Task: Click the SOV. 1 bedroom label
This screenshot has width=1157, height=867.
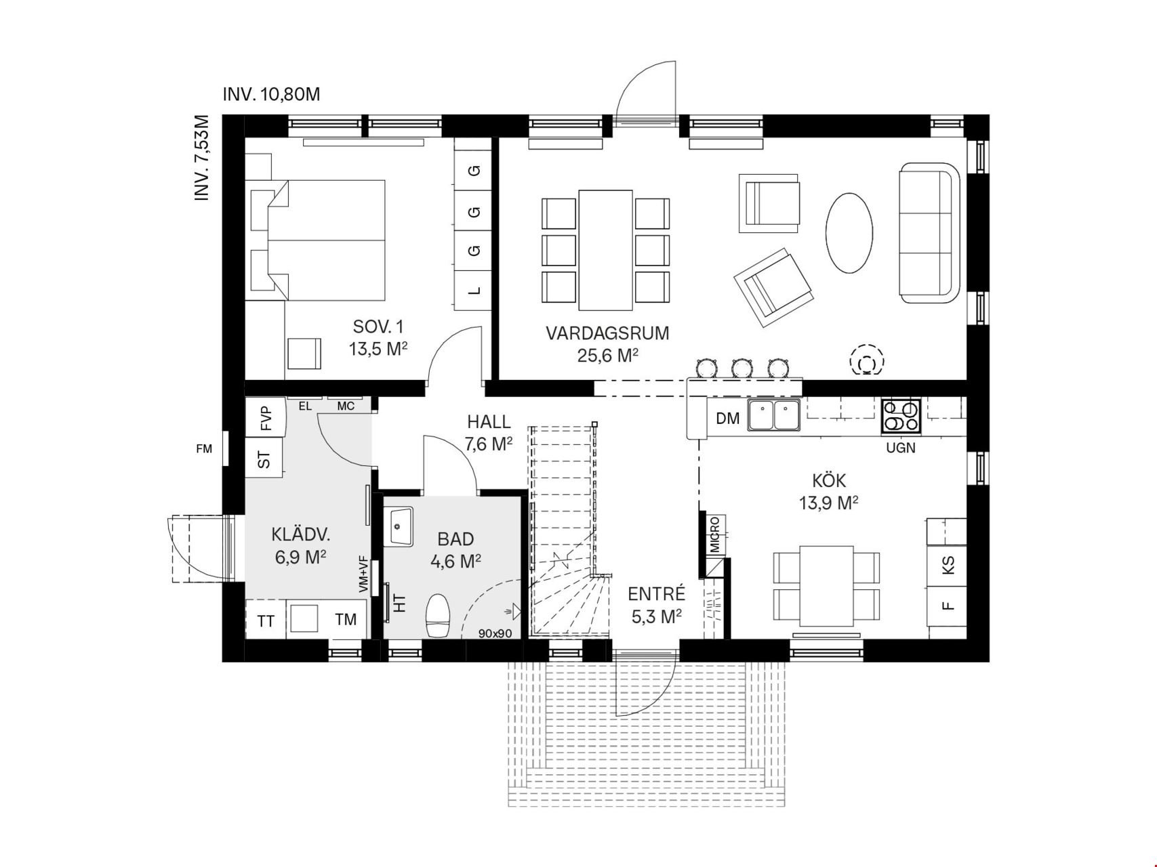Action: coord(378,326)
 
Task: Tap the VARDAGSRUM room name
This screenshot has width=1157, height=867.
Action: coord(607,333)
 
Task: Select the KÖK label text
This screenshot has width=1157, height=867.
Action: coord(829,480)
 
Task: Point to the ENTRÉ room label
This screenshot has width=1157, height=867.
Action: coord(656,594)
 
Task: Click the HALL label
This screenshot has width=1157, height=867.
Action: coord(489,422)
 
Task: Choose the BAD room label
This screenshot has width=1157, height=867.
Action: coord(455,539)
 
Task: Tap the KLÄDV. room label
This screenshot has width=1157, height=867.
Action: coord(301,534)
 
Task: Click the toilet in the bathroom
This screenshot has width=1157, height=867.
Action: coord(438,616)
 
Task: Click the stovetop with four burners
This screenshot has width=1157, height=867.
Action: coord(901,415)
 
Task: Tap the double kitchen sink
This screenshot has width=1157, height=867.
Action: coord(774,415)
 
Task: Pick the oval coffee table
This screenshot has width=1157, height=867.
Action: coord(849,233)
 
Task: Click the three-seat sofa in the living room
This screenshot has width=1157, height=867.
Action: coord(930,233)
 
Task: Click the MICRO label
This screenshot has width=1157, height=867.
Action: coord(715,534)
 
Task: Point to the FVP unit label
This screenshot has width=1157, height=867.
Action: coord(265,419)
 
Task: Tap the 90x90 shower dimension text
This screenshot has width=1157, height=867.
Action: coord(495,634)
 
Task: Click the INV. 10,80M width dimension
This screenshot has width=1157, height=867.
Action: coord(271,94)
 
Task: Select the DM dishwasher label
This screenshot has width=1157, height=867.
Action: coord(727,419)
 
